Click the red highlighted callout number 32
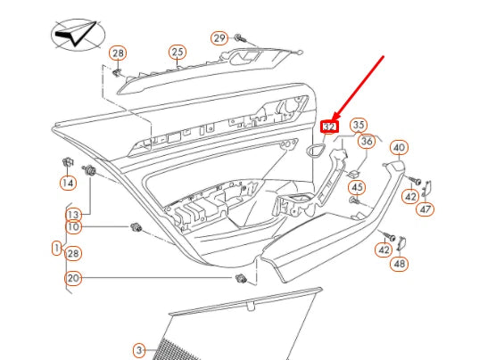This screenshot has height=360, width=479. pos(330,127)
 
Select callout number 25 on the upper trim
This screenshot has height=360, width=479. pos(178,53)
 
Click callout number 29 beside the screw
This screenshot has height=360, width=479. pos(219,37)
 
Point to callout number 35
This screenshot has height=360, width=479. pos(358,124)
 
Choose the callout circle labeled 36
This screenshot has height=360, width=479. pos(367,141)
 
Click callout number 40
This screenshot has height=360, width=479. pos(399,148)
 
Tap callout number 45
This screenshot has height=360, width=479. pos(357,187)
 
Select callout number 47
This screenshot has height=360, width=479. pos(425,209)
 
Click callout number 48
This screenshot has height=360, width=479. pos(399,264)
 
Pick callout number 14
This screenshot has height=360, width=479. pos(68,183)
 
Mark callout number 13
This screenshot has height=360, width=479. pos(73,214)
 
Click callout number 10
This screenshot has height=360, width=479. pos(73,227)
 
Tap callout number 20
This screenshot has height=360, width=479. pos(73,279)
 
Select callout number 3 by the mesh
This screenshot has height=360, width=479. pos(139,349)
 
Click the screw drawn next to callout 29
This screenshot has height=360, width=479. pos(240,38)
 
